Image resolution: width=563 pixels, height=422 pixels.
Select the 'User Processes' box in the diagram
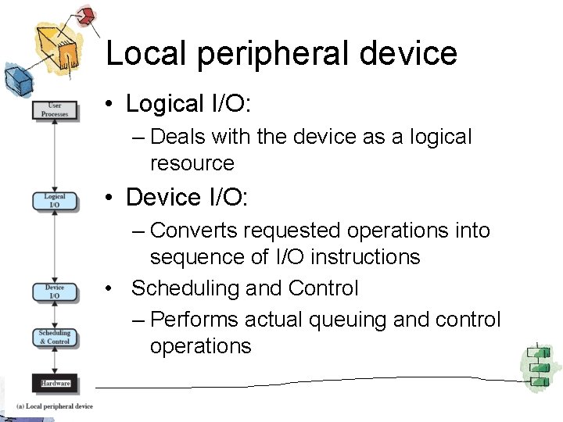coord(55,109)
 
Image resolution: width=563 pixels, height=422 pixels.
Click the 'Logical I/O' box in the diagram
coord(55,201)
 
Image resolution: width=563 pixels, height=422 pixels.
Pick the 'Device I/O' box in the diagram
coord(55,291)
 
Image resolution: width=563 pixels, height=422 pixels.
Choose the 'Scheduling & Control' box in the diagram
coord(55,338)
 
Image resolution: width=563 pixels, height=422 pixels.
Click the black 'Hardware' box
coord(55,383)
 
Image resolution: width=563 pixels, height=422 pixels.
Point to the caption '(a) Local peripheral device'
coord(55,406)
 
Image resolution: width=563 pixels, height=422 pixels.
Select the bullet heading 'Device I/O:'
coord(186,198)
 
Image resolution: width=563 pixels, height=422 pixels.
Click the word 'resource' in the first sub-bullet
coord(192,163)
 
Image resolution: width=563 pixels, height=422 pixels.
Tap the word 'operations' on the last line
coord(200,346)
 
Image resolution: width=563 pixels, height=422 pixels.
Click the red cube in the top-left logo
coord(85,16)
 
